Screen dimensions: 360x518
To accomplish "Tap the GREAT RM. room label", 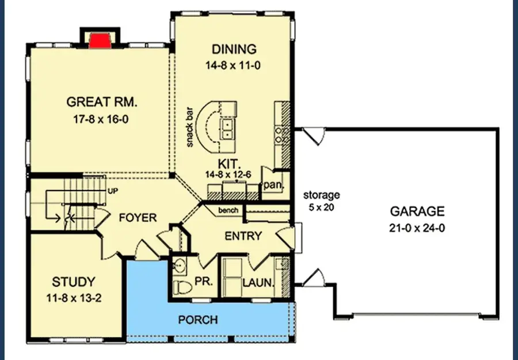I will [102, 102].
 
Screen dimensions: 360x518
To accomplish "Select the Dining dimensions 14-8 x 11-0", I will [234, 66].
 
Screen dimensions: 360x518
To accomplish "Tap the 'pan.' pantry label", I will [271, 185].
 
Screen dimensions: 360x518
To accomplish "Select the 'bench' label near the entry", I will [228, 211].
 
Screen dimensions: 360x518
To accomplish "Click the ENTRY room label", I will [243, 236].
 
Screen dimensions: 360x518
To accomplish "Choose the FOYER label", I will [138, 218].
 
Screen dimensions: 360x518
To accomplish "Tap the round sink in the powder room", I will [180, 266].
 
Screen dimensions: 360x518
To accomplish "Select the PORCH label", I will [197, 319].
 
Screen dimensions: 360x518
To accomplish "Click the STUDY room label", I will [73, 282].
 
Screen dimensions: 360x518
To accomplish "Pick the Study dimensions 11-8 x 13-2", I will [73, 298].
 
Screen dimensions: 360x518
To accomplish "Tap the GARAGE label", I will [417, 211].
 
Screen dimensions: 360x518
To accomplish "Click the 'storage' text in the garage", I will [322, 195].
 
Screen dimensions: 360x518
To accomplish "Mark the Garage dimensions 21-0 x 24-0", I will [417, 228].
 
